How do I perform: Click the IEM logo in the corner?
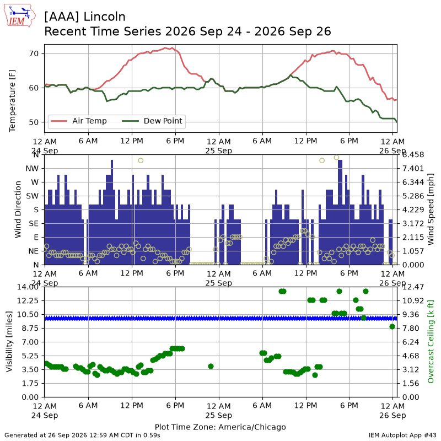(x=20, y=16)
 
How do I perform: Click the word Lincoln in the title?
(x=105, y=17)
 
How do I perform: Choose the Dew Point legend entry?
(x=152, y=121)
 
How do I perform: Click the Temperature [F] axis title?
(x=12, y=101)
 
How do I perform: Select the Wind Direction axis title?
(x=18, y=209)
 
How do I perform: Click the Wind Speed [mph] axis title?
(x=431, y=209)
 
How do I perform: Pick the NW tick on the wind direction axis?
(x=32, y=169)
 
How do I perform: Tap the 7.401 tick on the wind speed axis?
(x=413, y=169)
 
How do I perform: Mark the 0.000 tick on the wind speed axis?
(x=413, y=265)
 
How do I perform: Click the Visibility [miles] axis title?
(x=9, y=342)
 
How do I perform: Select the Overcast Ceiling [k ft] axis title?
(x=431, y=342)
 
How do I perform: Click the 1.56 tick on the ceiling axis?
(x=411, y=383)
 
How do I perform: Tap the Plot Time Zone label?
(x=220, y=427)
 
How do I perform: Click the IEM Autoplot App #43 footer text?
(x=402, y=435)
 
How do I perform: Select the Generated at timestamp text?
(x=82, y=435)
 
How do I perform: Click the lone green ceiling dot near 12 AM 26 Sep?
(x=392, y=326)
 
